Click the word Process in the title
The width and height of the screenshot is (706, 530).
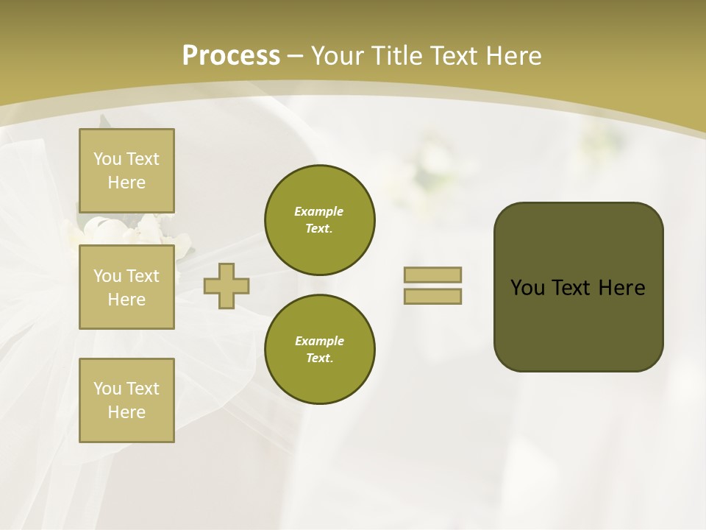[231, 56]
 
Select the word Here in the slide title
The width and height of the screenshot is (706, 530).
[512, 56]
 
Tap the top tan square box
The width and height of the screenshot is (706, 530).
[126, 171]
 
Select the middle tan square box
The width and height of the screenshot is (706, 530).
[126, 287]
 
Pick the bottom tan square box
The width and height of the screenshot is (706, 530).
[126, 400]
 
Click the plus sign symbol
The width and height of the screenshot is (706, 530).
[227, 286]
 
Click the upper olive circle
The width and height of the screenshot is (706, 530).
[320, 220]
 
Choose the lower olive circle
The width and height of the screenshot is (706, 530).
[320, 350]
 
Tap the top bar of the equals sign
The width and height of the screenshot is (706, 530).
[432, 275]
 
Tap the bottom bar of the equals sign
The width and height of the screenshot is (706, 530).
[432, 296]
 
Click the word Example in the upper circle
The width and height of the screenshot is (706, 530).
[319, 211]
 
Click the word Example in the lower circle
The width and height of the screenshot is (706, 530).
[319, 341]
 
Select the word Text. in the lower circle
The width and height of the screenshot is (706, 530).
[319, 358]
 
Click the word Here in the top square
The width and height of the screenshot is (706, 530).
[126, 183]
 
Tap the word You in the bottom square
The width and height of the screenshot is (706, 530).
[107, 389]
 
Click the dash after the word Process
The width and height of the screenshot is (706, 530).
[296, 56]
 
